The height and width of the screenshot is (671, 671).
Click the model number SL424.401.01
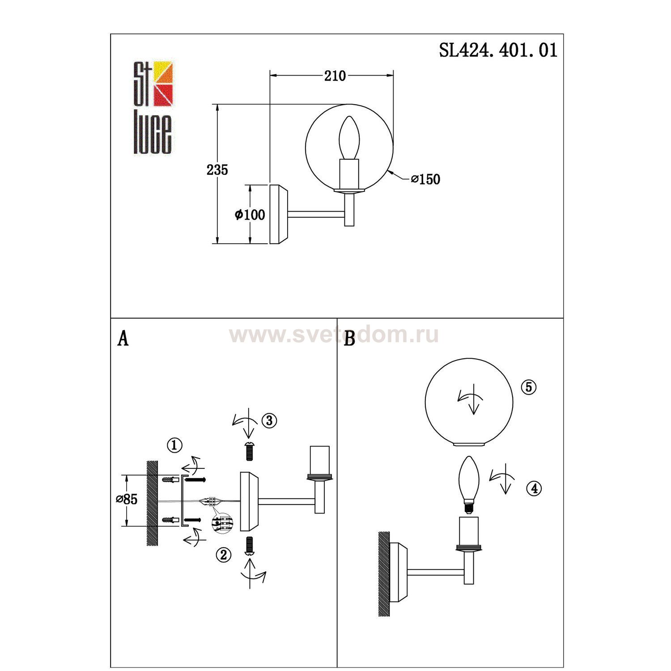point(498,50)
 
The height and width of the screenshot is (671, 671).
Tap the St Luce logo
point(153,107)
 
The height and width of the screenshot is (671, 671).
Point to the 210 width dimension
point(335,76)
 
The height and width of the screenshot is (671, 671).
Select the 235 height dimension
point(217,170)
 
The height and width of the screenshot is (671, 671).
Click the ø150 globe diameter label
point(425,179)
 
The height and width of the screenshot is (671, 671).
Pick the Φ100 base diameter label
point(250,215)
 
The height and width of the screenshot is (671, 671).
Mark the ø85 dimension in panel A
point(127,499)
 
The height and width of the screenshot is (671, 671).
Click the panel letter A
point(123,339)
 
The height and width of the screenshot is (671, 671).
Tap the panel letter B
point(350,339)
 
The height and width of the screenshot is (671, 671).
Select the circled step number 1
point(174,445)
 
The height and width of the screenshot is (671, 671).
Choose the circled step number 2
point(224,555)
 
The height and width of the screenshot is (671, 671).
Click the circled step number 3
point(269,420)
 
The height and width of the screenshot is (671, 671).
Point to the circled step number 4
point(534,488)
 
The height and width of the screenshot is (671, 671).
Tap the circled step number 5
point(529,387)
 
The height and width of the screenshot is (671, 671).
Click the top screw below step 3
point(250,451)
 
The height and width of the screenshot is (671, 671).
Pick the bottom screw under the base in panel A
point(250,544)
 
